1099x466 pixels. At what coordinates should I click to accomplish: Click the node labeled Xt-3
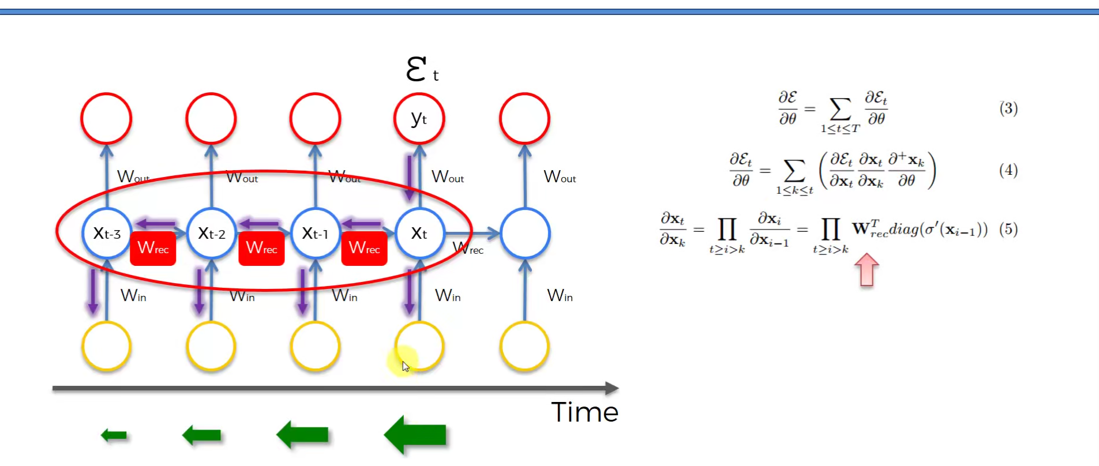(x=107, y=233)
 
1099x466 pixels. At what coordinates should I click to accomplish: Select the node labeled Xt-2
(x=211, y=233)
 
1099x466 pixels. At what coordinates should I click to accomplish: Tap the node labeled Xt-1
(x=315, y=233)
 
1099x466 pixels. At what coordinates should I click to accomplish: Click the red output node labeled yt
(x=419, y=119)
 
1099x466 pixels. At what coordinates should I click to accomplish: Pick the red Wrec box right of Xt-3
(x=153, y=249)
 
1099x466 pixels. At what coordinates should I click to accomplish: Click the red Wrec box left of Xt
(x=364, y=249)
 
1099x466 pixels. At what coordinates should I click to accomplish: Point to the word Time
(x=584, y=412)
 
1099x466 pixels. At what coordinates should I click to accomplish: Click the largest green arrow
(x=415, y=435)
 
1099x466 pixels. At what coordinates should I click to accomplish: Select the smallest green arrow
(x=114, y=435)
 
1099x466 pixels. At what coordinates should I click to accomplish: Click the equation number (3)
(x=1008, y=108)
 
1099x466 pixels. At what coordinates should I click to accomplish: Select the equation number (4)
(x=1008, y=170)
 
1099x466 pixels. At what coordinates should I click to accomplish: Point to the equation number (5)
(x=1008, y=229)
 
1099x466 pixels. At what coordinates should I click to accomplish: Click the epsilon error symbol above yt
(x=417, y=69)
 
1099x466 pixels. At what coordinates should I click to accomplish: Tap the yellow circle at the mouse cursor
(x=419, y=347)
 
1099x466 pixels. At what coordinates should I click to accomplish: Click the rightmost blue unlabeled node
(x=525, y=233)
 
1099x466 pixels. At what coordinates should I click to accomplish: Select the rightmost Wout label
(x=560, y=176)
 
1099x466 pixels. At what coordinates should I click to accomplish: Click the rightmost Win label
(x=560, y=296)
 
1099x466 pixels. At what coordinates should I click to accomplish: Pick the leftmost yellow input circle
(x=107, y=347)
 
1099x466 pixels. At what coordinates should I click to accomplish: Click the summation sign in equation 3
(x=840, y=109)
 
